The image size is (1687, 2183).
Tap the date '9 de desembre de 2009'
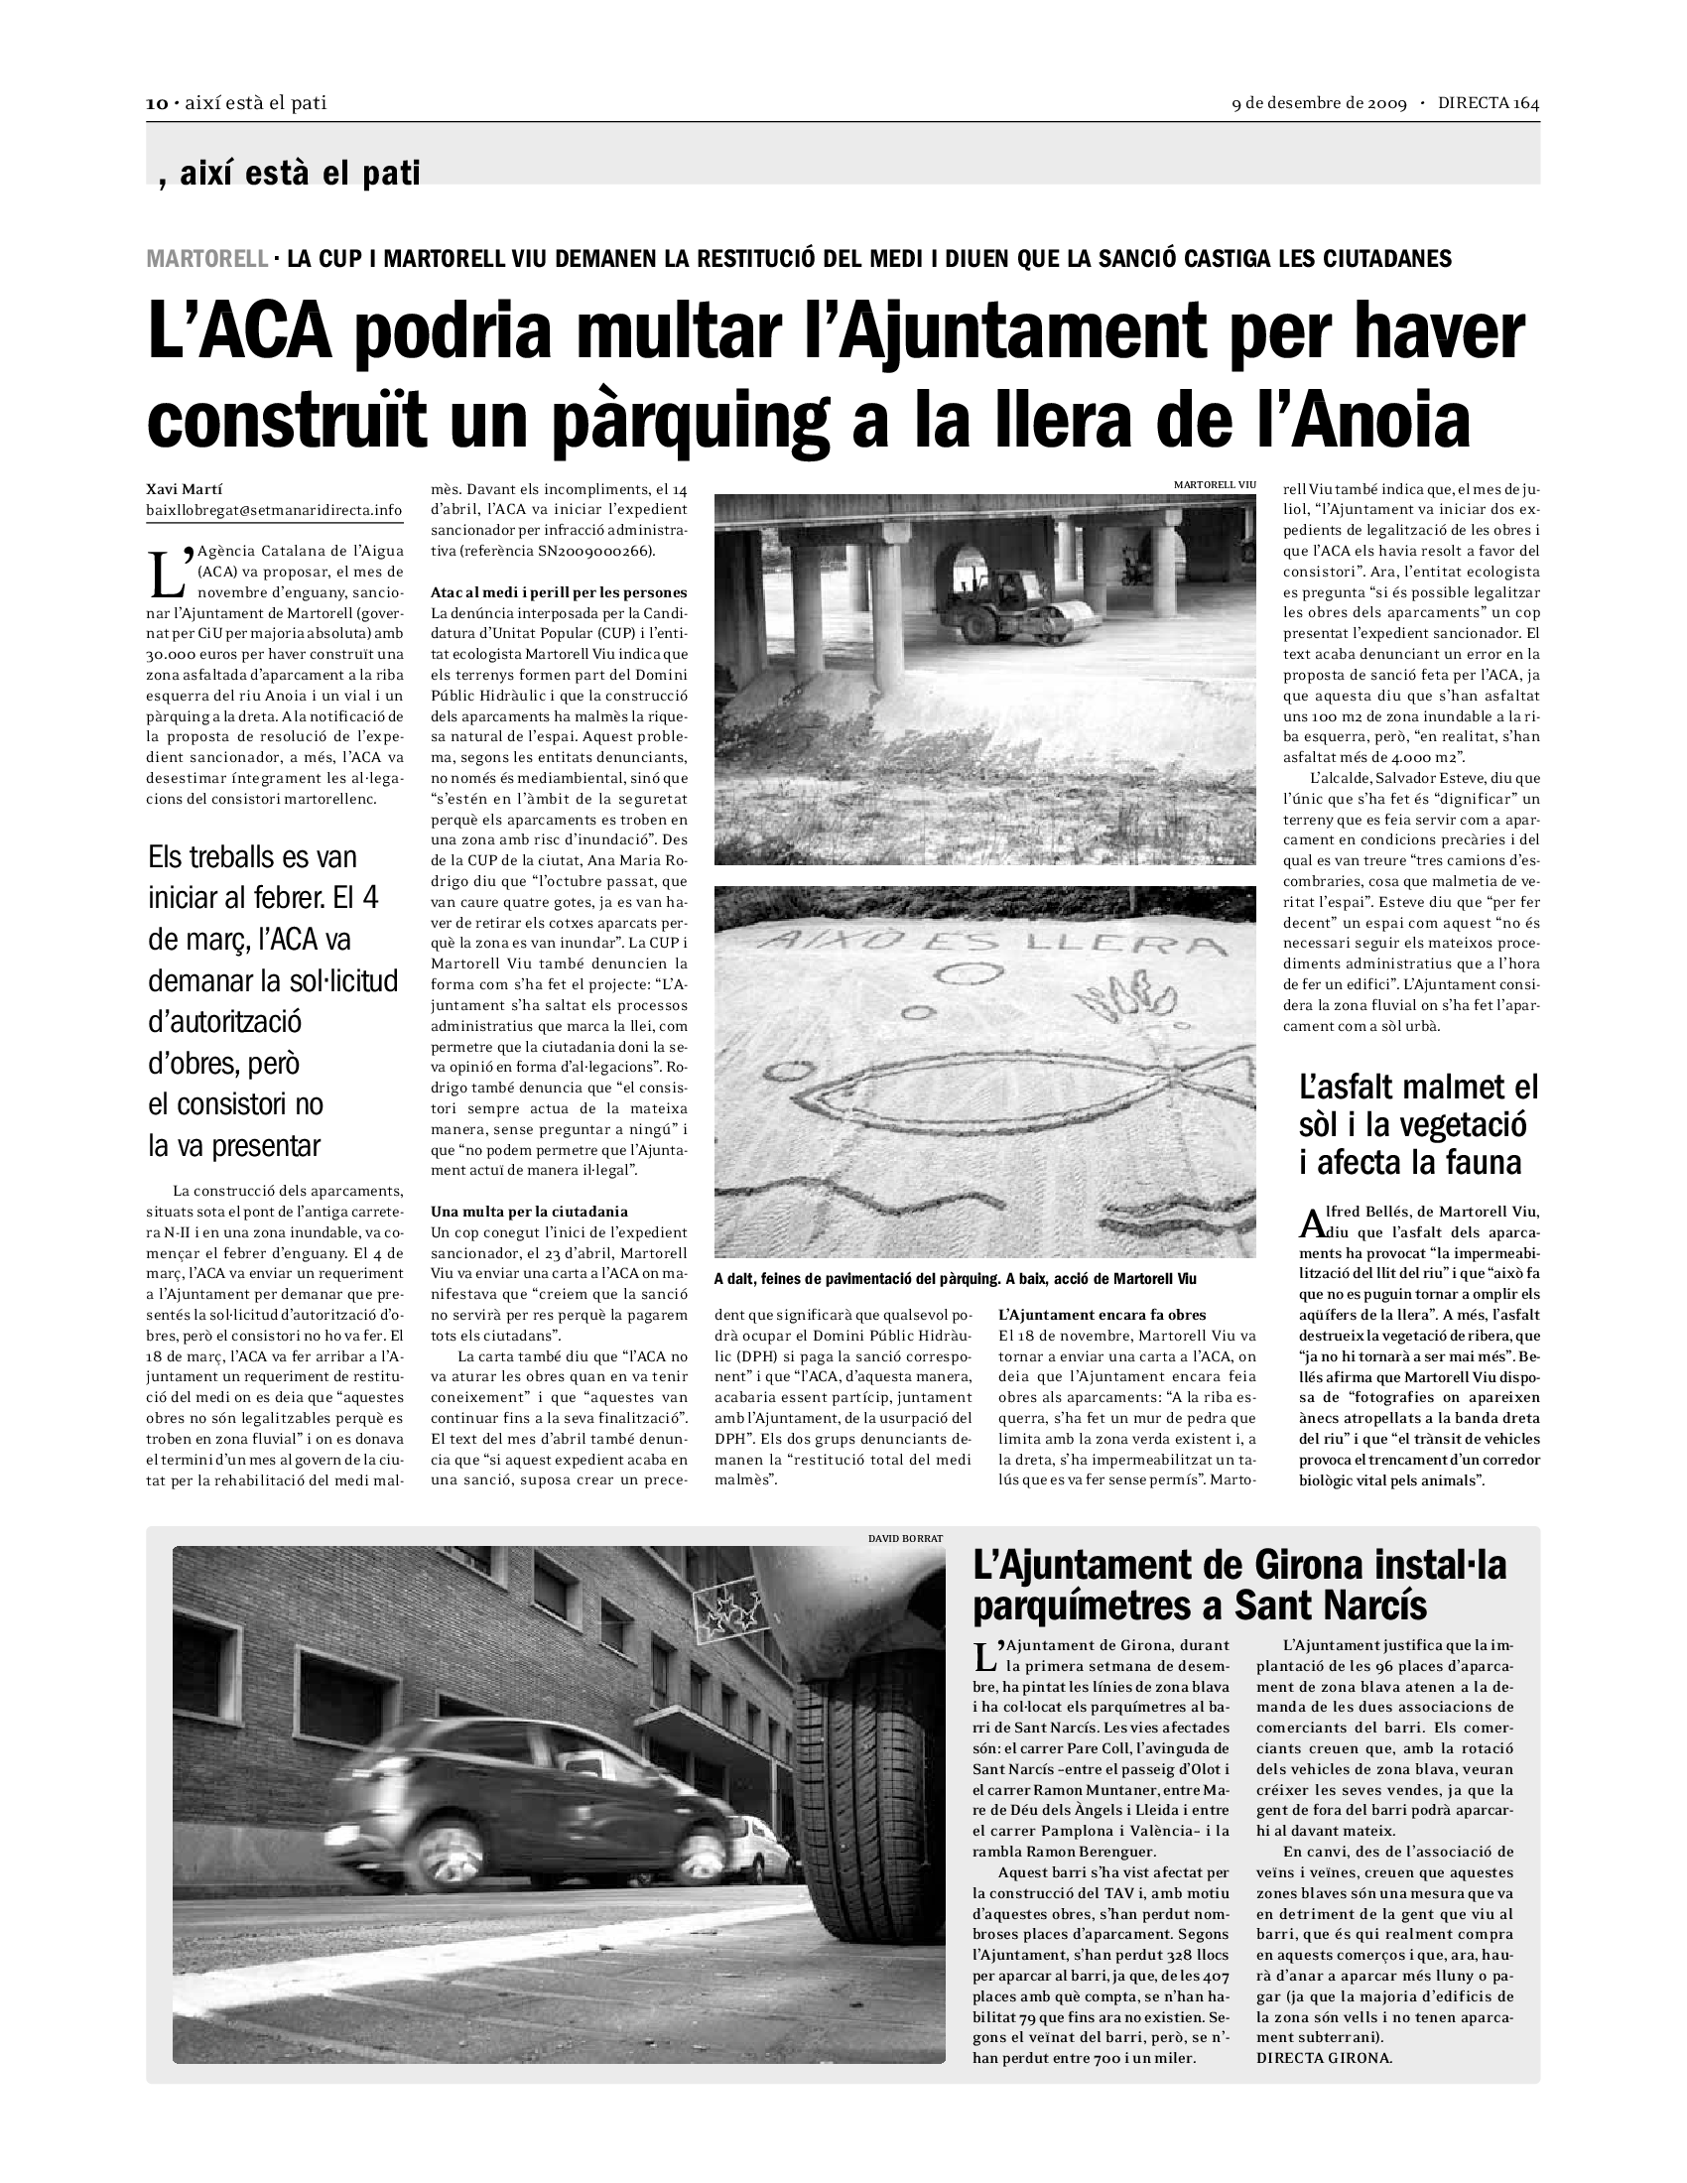pyautogui.click(x=1318, y=103)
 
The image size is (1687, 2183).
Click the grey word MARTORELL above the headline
pyautogui.click(x=206, y=259)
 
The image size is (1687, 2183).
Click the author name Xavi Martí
pyautogui.click(x=185, y=490)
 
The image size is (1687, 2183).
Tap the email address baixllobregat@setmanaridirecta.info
pyautogui.click(x=274, y=511)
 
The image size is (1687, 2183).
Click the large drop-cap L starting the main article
pyautogui.click(x=167, y=571)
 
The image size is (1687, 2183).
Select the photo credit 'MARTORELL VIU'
pyautogui.click(x=1215, y=485)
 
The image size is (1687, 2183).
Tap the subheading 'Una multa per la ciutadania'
pyautogui.click(x=529, y=1212)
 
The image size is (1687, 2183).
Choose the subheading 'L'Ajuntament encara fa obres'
pyautogui.click(x=1103, y=1316)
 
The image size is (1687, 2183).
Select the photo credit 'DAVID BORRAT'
pyautogui.click(x=905, y=1537)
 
